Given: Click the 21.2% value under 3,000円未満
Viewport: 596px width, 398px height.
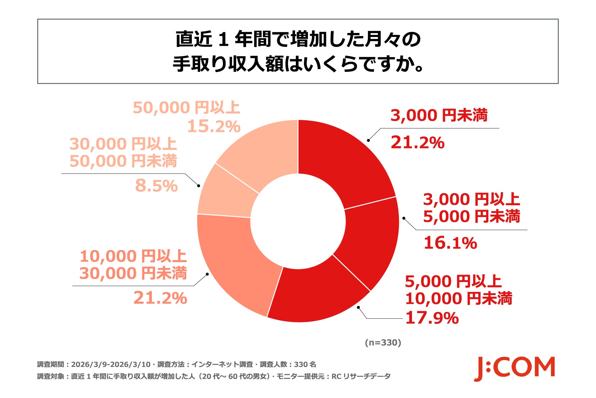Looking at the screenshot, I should coord(417,143).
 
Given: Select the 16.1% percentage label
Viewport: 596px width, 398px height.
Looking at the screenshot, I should coord(450,243).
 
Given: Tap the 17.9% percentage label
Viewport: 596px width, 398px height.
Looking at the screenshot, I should coord(432,318).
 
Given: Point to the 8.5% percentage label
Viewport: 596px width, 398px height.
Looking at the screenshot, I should coord(156,186).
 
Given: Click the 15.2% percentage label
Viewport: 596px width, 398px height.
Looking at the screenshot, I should coord(214,126).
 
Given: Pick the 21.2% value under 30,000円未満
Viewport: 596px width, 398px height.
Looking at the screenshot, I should coord(160,298).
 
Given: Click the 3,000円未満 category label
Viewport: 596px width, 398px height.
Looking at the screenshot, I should coord(439,115).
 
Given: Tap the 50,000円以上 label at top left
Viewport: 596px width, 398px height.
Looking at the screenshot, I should coord(186,108).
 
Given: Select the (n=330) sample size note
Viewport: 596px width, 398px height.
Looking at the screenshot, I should coord(383,343).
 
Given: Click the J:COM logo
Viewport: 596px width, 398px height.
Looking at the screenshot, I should coord(514,368).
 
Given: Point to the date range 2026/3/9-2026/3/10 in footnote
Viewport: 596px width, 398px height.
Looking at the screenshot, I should coord(111,364).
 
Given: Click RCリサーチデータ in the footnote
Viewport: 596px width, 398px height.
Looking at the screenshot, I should coord(361,377).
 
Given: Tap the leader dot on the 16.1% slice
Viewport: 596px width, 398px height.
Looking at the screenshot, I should coord(404,218).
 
